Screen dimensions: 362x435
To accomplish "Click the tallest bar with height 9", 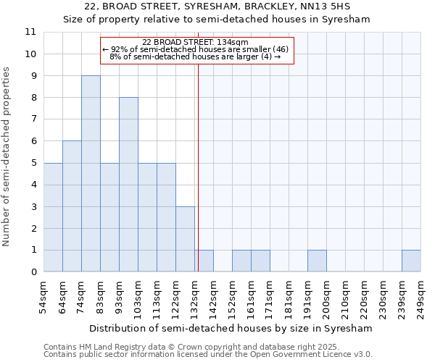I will [91, 174].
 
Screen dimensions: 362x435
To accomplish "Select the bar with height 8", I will [128, 185].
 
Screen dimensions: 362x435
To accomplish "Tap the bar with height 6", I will [72, 206].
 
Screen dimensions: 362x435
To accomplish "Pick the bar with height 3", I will [185, 239].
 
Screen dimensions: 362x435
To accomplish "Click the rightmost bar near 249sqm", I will [411, 261].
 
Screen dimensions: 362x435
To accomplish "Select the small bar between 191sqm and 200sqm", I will [317, 261].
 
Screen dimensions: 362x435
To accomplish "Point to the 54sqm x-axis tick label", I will [43, 296].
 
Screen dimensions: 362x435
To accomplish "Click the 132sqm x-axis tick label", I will [194, 296].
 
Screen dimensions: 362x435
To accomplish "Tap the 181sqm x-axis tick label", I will [289, 296].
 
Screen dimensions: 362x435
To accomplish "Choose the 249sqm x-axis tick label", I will [420, 296].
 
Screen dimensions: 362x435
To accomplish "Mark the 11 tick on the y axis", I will [30, 32].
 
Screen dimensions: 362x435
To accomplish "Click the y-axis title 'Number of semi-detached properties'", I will [7, 156].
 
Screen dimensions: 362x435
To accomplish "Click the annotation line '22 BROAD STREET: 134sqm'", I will [196, 42].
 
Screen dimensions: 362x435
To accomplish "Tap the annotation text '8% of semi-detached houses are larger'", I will [195, 56].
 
